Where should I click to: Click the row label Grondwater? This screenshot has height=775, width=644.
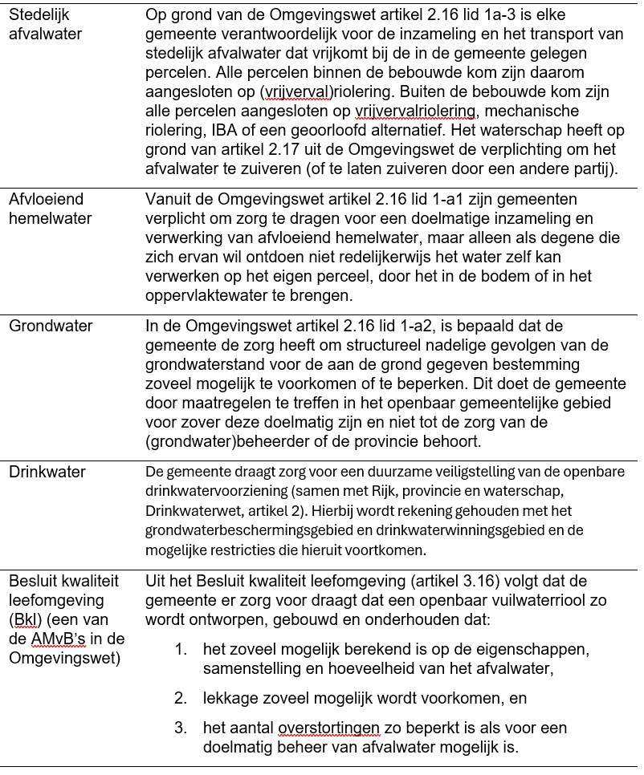[51, 326]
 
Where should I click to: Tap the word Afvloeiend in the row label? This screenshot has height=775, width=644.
[47, 199]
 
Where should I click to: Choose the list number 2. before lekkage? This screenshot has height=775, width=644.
[181, 698]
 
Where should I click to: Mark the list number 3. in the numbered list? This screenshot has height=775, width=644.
[181, 728]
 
